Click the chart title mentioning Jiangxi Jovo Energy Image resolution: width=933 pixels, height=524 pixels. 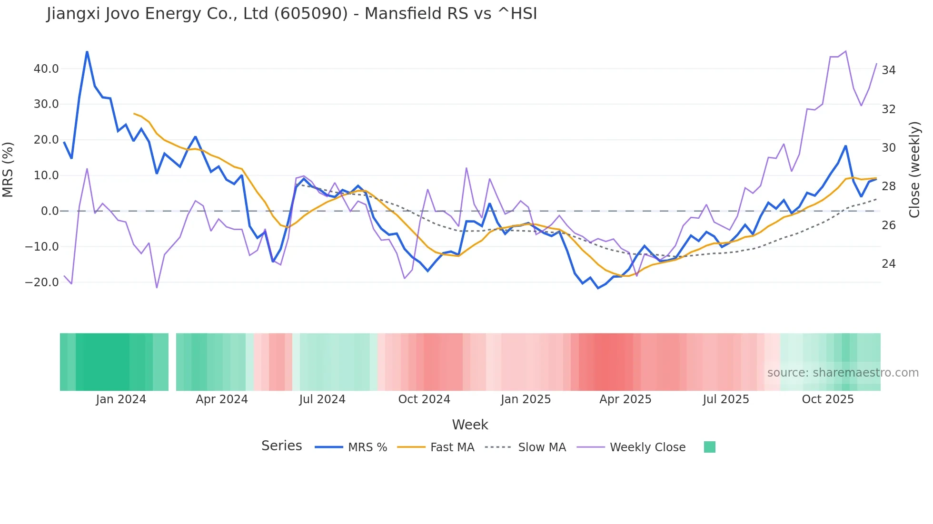(x=291, y=14)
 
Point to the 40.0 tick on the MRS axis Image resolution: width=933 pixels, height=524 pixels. (x=46, y=69)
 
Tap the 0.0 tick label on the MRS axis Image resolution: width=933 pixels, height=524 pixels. (x=50, y=211)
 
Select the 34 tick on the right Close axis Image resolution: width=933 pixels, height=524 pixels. (x=888, y=70)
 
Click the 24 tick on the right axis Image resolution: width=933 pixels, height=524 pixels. (x=888, y=264)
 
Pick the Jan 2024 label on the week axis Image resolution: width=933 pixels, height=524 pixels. (x=121, y=399)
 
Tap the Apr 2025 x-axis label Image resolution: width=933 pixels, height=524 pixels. (x=625, y=399)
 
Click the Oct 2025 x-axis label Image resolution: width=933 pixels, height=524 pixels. (x=827, y=399)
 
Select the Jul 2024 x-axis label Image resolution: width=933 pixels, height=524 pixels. (x=322, y=399)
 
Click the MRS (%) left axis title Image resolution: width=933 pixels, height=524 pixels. (x=8, y=170)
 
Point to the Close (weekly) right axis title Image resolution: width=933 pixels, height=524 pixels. (x=914, y=170)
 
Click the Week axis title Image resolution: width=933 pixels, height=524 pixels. (x=470, y=425)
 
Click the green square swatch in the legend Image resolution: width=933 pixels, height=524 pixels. (x=709, y=447)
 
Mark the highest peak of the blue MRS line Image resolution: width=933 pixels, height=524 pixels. (x=87, y=51)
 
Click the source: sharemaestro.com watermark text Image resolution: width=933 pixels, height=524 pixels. (x=843, y=373)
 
